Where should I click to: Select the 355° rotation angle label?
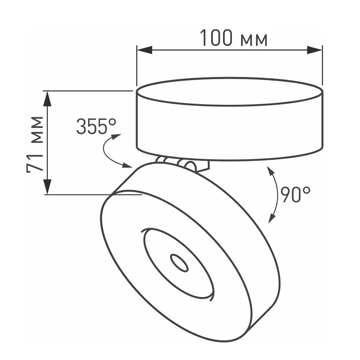point(96,126)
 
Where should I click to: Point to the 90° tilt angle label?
point(295,194)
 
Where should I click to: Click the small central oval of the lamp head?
point(179,263)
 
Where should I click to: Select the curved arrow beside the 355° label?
point(109,151)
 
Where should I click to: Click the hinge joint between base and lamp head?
point(184,164)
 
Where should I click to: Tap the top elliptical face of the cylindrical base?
point(229,91)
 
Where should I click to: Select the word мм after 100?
point(254,40)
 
